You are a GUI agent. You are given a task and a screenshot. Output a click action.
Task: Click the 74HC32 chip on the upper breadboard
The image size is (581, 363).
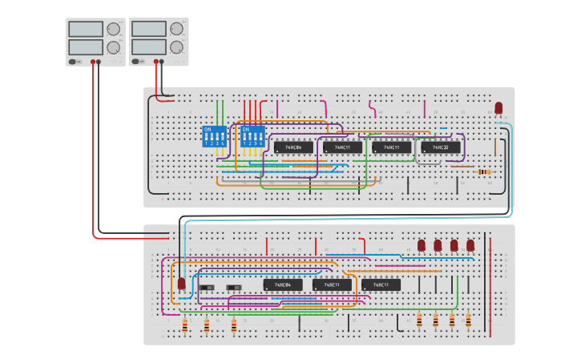coord(441,147)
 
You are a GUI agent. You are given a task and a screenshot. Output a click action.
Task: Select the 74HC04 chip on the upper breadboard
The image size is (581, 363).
coord(293,147)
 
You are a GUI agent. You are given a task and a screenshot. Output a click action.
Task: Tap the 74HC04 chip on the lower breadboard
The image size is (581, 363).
coord(283,284)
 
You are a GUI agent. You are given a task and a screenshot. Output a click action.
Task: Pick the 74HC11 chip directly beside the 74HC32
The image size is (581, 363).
coord(392,147)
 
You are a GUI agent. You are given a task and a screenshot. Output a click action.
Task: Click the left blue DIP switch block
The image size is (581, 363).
coord(215,136)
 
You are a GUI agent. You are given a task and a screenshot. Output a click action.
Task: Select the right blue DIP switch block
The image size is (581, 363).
coord(252,136)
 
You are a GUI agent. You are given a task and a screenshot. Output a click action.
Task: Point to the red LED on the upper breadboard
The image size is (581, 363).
coord(498,107)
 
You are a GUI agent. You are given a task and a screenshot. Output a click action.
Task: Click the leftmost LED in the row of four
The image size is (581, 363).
coord(422,245)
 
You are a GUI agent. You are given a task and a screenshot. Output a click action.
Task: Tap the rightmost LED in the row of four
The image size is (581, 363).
coord(470,245)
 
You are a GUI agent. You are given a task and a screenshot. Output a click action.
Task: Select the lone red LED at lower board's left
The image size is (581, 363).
coord(182,284)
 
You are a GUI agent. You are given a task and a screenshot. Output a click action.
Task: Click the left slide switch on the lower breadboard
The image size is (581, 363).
coord(208,287)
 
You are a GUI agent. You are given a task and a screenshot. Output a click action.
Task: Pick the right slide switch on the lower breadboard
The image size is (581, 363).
coord(236,287)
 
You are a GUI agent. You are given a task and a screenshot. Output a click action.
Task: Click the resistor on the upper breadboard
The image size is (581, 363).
coord(483,171)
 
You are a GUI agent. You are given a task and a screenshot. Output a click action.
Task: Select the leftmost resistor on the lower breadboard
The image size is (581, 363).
coord(185,325)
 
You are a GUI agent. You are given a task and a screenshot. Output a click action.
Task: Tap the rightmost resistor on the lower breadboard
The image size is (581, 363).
coord(469,321)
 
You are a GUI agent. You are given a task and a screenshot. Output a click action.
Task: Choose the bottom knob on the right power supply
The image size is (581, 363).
coord(176,47)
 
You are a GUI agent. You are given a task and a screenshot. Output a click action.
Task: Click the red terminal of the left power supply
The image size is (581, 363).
coord(94,61)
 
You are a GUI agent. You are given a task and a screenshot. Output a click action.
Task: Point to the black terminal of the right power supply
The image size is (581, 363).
coord(162,61)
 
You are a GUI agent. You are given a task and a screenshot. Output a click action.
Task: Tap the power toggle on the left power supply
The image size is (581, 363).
coord(74,61)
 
